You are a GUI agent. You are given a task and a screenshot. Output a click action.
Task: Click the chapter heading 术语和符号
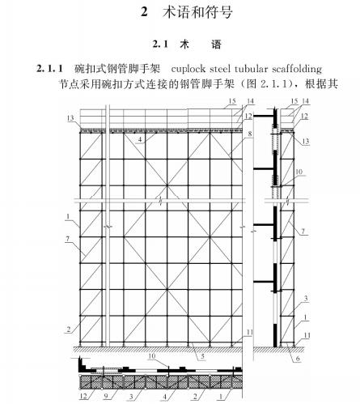[197, 12]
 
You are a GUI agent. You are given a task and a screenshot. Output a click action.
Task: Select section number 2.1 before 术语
[160, 44]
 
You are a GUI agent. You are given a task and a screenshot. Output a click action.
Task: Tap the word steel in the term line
[220, 69]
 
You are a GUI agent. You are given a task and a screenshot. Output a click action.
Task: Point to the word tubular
[251, 69]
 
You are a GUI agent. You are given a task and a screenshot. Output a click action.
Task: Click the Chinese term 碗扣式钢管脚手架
[117, 69]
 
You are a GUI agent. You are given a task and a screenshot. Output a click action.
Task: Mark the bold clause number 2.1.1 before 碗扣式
[50, 69]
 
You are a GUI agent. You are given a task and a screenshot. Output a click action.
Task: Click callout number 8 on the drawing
[250, 134]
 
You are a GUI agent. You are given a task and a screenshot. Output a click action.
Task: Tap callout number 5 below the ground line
[202, 356]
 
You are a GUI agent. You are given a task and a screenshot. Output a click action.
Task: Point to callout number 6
[298, 359]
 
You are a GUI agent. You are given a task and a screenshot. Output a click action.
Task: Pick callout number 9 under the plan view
[106, 396]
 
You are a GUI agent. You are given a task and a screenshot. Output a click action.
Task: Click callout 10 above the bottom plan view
[152, 356]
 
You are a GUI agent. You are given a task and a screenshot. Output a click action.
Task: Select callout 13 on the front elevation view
[70, 118]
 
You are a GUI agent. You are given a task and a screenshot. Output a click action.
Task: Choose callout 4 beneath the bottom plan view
[165, 397]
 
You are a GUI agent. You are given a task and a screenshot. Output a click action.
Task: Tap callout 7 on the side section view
[303, 232]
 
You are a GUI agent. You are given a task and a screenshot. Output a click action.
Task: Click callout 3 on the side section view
[306, 299]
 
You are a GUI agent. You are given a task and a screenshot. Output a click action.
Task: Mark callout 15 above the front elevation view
[232, 101]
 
